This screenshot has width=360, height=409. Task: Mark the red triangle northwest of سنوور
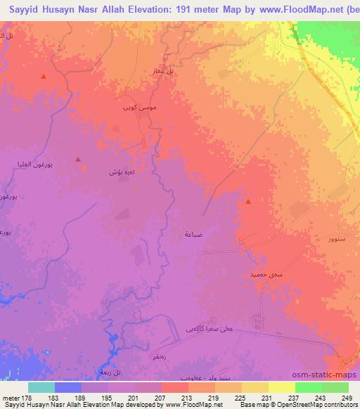[x=248, y=202]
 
